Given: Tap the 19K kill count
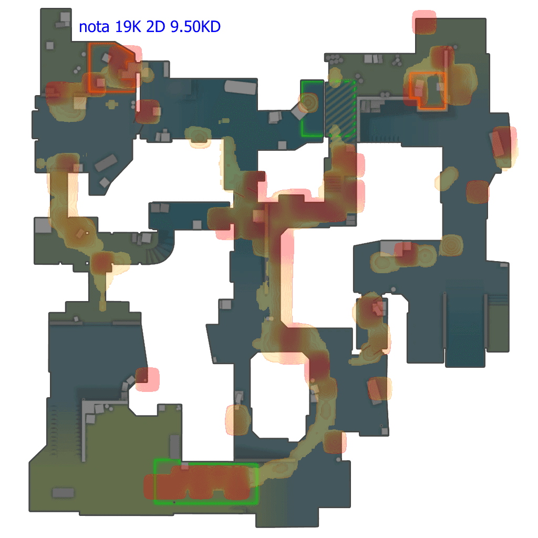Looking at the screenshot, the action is click(x=128, y=27).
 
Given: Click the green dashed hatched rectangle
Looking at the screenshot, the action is click(x=340, y=108).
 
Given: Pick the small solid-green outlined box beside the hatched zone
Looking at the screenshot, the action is click(x=312, y=108).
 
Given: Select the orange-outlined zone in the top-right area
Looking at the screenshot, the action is click(x=428, y=90).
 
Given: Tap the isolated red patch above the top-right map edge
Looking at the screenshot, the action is click(x=424, y=23).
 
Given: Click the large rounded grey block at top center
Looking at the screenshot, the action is click(x=240, y=87).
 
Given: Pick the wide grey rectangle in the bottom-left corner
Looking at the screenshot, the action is click(x=63, y=492).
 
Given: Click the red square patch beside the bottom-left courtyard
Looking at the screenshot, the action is click(x=147, y=379).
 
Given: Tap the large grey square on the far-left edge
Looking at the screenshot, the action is click(x=43, y=225).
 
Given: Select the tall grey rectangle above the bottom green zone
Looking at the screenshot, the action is click(x=175, y=446).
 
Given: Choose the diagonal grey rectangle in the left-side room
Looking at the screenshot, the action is click(x=106, y=163).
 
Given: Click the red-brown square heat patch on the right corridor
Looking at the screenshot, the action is click(x=478, y=192).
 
